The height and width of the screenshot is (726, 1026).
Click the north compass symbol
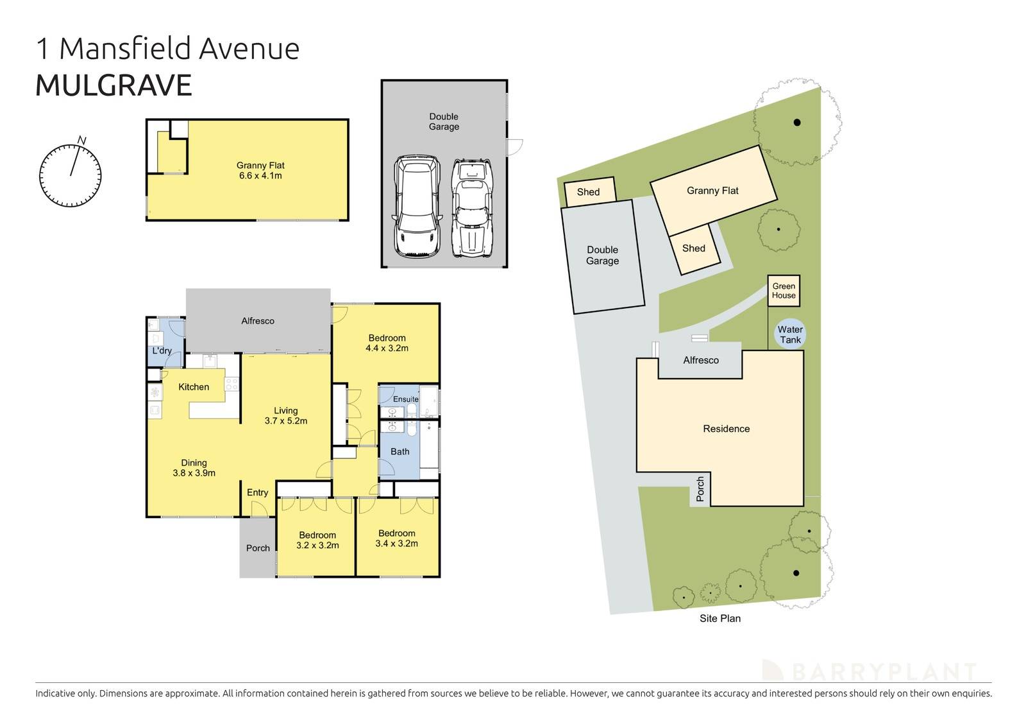(x=70, y=174)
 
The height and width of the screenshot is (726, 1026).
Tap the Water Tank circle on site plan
(x=789, y=334)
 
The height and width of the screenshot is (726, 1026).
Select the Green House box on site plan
(x=784, y=291)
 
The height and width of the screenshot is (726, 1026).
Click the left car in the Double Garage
(x=417, y=207)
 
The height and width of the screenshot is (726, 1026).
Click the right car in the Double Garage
(x=471, y=207)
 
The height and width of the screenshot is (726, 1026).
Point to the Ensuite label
(x=405, y=399)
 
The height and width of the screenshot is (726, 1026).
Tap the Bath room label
(x=399, y=451)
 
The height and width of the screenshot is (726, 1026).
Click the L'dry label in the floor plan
(x=162, y=350)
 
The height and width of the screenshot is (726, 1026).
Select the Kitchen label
(x=194, y=386)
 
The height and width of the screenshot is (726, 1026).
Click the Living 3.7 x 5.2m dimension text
(x=285, y=421)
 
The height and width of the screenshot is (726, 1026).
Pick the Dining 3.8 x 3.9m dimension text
(x=194, y=473)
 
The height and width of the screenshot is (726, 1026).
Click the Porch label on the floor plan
(x=258, y=548)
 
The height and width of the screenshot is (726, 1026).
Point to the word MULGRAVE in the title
(x=114, y=86)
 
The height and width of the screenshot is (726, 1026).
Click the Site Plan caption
(x=719, y=618)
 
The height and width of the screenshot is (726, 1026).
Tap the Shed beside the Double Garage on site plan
(x=589, y=192)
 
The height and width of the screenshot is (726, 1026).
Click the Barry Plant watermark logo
(x=869, y=671)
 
